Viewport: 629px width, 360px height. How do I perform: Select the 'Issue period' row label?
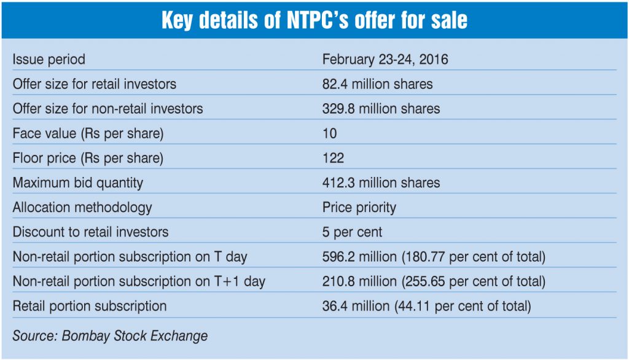click(49, 60)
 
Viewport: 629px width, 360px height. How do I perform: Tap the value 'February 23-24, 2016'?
click(385, 60)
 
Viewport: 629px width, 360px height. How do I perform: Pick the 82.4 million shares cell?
click(377, 84)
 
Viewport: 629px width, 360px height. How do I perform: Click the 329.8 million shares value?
click(381, 109)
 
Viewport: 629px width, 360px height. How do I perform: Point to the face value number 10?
click(330, 133)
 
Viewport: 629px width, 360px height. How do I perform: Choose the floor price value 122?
click(333, 158)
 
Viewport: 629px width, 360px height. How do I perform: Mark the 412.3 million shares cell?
click(381, 182)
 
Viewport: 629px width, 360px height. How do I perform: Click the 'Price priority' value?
click(359, 207)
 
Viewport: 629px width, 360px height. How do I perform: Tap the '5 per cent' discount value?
click(352, 232)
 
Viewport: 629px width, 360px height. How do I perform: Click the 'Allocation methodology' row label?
click(82, 207)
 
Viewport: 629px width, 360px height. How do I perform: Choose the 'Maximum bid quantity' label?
click(78, 182)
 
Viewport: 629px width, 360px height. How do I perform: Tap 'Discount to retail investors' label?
click(90, 232)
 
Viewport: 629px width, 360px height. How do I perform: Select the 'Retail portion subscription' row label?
click(90, 305)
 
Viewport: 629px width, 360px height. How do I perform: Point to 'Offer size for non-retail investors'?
click(107, 109)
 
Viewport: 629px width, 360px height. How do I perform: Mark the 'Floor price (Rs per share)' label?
click(88, 158)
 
